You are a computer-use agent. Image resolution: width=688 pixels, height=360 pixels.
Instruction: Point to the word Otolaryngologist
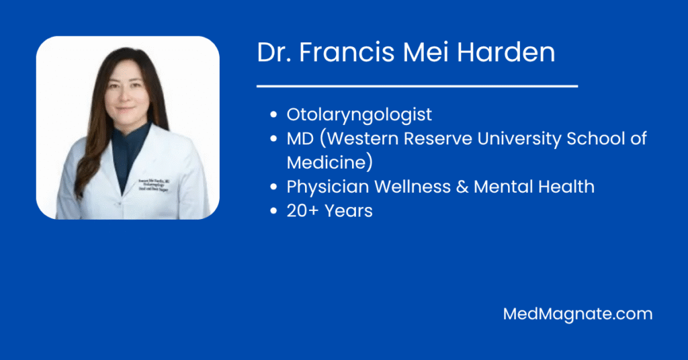(359, 115)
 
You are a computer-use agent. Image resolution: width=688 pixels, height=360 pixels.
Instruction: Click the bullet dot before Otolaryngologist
(273, 115)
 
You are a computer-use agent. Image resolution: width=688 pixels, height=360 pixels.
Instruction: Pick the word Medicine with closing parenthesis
(330, 163)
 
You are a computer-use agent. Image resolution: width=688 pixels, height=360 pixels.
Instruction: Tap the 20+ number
(302, 211)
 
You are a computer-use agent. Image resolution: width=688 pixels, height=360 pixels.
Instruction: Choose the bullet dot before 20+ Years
(273, 211)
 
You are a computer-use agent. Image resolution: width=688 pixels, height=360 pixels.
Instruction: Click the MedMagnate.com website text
(578, 314)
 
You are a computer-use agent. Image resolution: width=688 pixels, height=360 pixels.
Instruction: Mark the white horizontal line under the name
(417, 86)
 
